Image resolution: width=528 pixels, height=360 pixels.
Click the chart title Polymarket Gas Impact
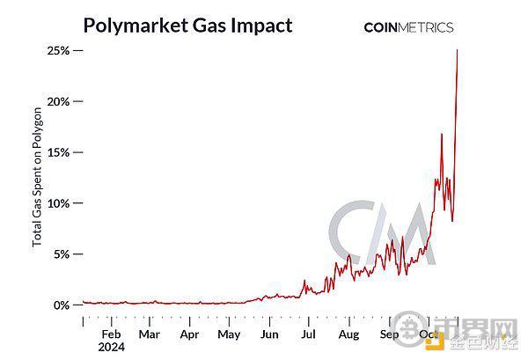pyautogui.click(x=187, y=25)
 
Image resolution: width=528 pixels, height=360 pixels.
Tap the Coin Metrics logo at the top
pyautogui.click(x=409, y=27)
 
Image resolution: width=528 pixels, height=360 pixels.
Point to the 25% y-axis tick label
pyautogui.click(x=58, y=51)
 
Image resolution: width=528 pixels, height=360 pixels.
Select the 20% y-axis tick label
pyautogui.click(x=58, y=102)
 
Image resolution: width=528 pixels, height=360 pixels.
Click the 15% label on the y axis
pyautogui.click(x=58, y=152)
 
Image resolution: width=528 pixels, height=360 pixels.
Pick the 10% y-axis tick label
pyautogui.click(x=58, y=203)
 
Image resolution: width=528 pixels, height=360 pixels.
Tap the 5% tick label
pyautogui.click(x=62, y=254)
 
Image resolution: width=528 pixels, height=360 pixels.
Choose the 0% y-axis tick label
pyautogui.click(x=62, y=305)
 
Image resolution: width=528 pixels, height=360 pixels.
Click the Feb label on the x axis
pyautogui.click(x=112, y=334)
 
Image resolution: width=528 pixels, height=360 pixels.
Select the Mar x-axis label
pyautogui.click(x=149, y=334)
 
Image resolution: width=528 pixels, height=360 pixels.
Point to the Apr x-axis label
pyautogui.click(x=189, y=334)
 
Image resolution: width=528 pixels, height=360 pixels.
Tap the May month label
pyautogui.click(x=229, y=334)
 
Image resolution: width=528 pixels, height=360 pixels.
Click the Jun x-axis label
pyautogui.click(x=269, y=334)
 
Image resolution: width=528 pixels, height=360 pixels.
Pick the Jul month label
pyautogui.click(x=308, y=334)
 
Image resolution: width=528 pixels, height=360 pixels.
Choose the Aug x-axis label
pyautogui.click(x=348, y=334)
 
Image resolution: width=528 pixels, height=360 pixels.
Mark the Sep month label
pyautogui.click(x=389, y=334)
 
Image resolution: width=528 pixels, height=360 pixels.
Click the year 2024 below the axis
pyautogui.click(x=112, y=348)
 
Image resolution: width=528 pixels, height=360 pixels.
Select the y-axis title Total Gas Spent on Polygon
pyautogui.click(x=38, y=177)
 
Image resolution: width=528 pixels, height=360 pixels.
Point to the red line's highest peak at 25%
pyautogui.click(x=458, y=50)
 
